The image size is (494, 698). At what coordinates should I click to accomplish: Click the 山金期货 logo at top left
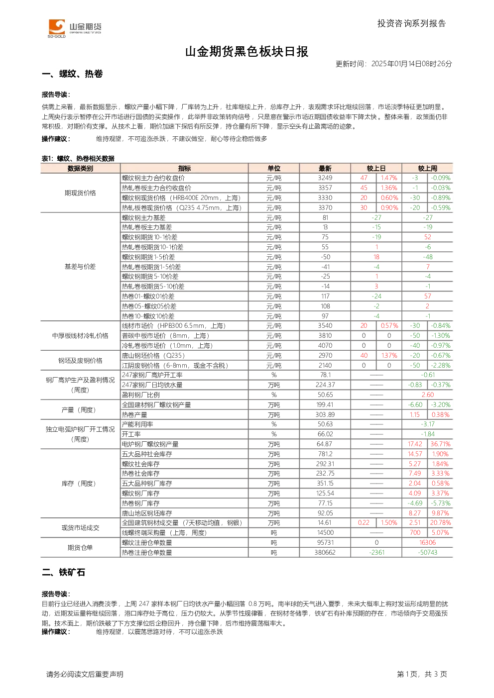pyautogui.click(x=75, y=28)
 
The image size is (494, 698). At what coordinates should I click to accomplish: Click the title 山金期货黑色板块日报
pyautogui.click(x=247, y=52)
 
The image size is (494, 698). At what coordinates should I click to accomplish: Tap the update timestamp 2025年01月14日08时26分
pyautogui.click(x=411, y=64)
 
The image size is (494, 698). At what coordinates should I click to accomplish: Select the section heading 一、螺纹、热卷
pyautogui.click(x=72, y=74)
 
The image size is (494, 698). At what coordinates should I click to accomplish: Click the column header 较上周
pyautogui.click(x=427, y=168)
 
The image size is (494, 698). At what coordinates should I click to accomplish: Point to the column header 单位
pyautogui.click(x=274, y=168)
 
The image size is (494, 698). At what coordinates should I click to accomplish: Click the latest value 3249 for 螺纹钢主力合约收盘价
pyautogui.click(x=325, y=178)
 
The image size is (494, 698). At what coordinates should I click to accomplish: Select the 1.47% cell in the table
pyautogui.click(x=389, y=178)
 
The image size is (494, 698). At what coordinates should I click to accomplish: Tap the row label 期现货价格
pyautogui.click(x=80, y=193)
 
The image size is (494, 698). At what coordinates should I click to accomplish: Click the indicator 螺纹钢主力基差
pyautogui.click(x=143, y=217)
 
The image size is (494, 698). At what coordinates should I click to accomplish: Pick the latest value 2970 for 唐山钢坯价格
pyautogui.click(x=325, y=356)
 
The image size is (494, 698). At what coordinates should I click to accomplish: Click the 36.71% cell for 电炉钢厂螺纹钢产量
pyautogui.click(x=440, y=444)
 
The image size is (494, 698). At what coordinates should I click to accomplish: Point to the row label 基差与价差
pyautogui.click(x=80, y=267)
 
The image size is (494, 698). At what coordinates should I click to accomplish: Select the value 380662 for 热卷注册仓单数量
pyautogui.click(x=325, y=552)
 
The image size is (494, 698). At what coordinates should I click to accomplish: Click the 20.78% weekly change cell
pyautogui.click(x=440, y=522)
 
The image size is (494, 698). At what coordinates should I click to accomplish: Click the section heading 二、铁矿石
pyautogui.click(x=64, y=573)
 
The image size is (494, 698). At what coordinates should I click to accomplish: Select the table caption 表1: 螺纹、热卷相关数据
pyautogui.click(x=78, y=159)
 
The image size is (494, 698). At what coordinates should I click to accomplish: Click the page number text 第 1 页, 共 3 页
pyautogui.click(x=422, y=674)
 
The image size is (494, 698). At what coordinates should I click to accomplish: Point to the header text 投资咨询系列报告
pyautogui.click(x=412, y=23)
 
